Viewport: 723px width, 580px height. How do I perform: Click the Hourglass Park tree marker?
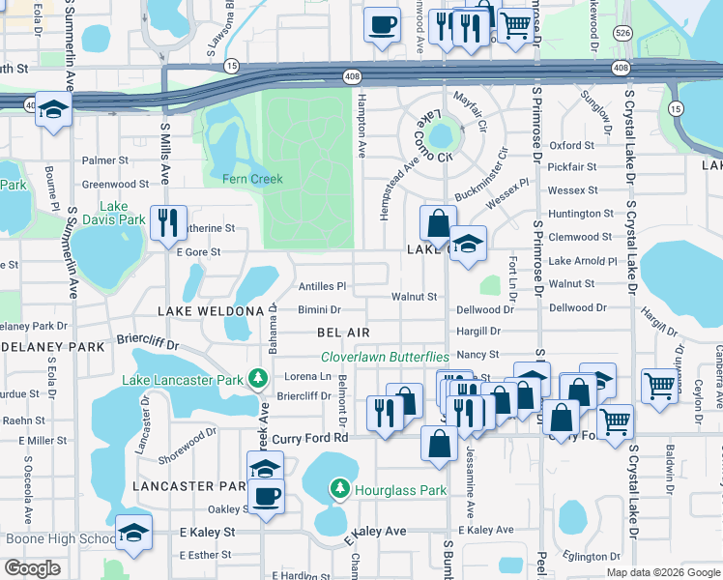coord(340,490)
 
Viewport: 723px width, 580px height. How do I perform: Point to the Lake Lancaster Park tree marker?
coord(258,380)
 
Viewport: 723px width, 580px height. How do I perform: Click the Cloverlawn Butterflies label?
coord(385,357)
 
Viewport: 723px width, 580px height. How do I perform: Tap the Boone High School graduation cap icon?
coord(133,533)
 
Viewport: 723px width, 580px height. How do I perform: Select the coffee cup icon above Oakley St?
coord(266,496)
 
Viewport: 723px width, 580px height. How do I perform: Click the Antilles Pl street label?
coord(322,287)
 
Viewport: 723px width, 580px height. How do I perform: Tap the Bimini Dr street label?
coord(319,310)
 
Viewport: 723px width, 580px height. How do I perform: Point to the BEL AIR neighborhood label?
coord(343,333)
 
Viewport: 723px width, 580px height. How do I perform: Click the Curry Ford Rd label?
coord(309,438)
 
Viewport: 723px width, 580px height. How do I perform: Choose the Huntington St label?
coord(580,214)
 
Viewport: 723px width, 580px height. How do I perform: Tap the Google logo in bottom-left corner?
coord(32,567)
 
